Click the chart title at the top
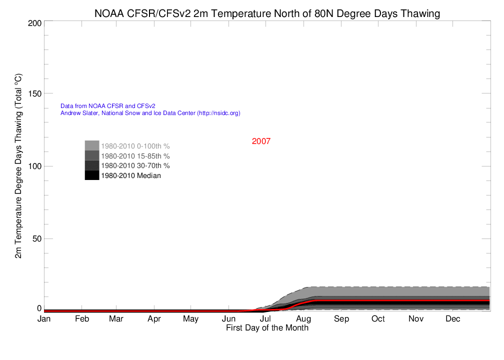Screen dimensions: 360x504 coord(267,13)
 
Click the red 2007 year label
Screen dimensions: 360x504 coord(261,141)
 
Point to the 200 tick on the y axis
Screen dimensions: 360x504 coord(35,23)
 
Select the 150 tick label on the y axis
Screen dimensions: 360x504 coord(35,93)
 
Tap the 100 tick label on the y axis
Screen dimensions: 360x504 coord(35,166)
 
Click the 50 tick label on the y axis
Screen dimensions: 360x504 coord(37,238)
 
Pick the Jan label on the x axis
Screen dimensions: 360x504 coord(44,319)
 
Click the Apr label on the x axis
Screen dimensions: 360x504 coord(154,319)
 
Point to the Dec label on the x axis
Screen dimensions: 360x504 coord(452,319)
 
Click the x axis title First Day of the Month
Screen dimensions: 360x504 coord(267,328)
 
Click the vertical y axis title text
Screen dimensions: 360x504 coord(18,166)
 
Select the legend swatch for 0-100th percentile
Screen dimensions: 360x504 coord(91,145)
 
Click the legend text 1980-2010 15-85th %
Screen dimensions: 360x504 coord(135,156)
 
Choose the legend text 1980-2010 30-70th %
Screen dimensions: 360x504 coord(135,165)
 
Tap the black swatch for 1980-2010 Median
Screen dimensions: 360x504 coord(91,175)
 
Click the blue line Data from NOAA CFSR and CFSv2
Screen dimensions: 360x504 coord(108,106)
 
